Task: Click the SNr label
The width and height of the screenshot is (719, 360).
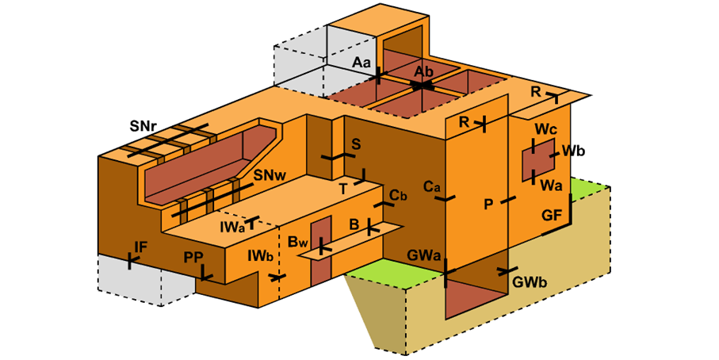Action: point(147,126)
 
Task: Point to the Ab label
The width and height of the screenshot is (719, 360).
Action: point(423,71)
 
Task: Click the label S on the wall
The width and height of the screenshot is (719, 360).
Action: point(356,144)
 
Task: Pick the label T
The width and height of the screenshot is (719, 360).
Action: point(343,189)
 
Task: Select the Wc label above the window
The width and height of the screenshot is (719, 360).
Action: point(545,129)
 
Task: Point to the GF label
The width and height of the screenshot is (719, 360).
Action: point(553,215)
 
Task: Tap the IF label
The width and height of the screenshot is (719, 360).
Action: point(141,247)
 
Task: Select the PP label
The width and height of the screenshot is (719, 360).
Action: point(193,258)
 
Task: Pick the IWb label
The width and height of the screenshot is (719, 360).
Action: point(259,257)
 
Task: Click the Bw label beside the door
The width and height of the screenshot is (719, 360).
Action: point(298,241)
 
